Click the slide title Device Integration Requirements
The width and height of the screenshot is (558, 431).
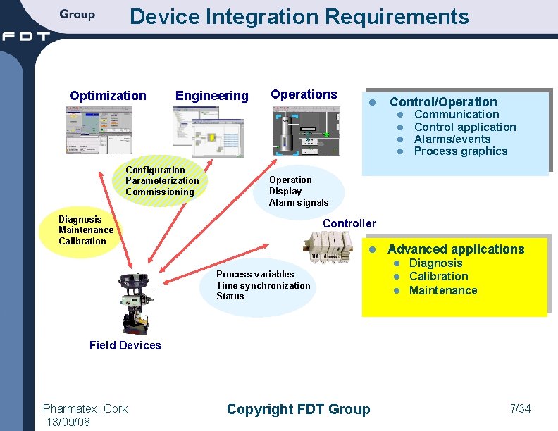[x=299, y=16]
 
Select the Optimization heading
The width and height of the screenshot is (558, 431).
[x=108, y=96]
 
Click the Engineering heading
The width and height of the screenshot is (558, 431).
[x=211, y=96]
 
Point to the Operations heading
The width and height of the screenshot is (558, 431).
[x=304, y=94]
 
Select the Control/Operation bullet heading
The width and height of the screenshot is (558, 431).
[x=443, y=102]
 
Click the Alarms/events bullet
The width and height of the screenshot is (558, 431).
[x=452, y=139]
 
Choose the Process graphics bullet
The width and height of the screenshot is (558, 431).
[x=460, y=151]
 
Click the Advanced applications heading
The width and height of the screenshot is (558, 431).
[x=456, y=249]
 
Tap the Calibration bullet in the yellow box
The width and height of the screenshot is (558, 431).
[x=438, y=277]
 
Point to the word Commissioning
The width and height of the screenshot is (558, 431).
[x=159, y=192]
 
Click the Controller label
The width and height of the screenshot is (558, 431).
[x=349, y=224]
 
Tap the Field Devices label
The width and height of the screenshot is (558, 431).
[x=125, y=345]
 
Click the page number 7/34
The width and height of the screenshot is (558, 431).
[x=520, y=408]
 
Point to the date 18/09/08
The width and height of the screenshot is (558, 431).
[x=68, y=421]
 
